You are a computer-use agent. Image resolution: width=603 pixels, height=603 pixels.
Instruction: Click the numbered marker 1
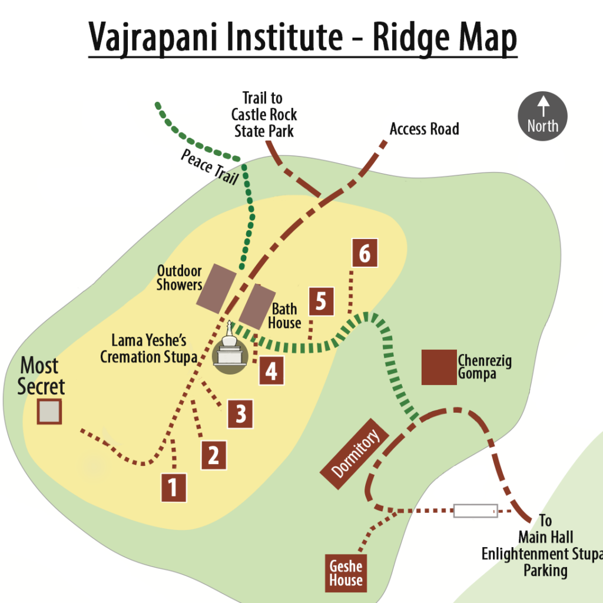coord(174,487)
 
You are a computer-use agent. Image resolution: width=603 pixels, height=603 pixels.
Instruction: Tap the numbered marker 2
coord(214,455)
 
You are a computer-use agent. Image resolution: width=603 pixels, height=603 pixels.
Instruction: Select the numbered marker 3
coord(240,413)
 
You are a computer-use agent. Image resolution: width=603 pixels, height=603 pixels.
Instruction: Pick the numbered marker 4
coord(271,371)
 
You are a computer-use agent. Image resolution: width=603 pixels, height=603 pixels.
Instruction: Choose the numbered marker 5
coord(321,301)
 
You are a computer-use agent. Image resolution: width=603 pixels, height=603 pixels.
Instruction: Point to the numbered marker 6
coord(365,253)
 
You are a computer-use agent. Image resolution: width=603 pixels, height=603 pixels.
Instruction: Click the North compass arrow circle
coord(542,116)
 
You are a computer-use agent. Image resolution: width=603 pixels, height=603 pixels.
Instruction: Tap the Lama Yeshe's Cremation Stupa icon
coord(230,352)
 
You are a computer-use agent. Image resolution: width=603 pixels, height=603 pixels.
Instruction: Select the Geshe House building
coord(346,573)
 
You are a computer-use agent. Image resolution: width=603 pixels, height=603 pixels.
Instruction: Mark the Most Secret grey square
coord(49,411)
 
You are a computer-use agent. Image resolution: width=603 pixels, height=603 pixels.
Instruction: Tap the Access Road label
coord(424,128)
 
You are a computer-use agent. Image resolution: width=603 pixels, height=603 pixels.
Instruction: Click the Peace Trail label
coord(208,166)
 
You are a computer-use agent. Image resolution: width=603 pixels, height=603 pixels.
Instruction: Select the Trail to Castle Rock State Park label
coord(263,114)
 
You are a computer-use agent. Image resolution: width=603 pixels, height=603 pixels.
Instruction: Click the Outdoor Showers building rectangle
coord(216,288)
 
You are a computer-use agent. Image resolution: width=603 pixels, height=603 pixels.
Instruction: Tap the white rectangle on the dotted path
coord(475,511)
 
